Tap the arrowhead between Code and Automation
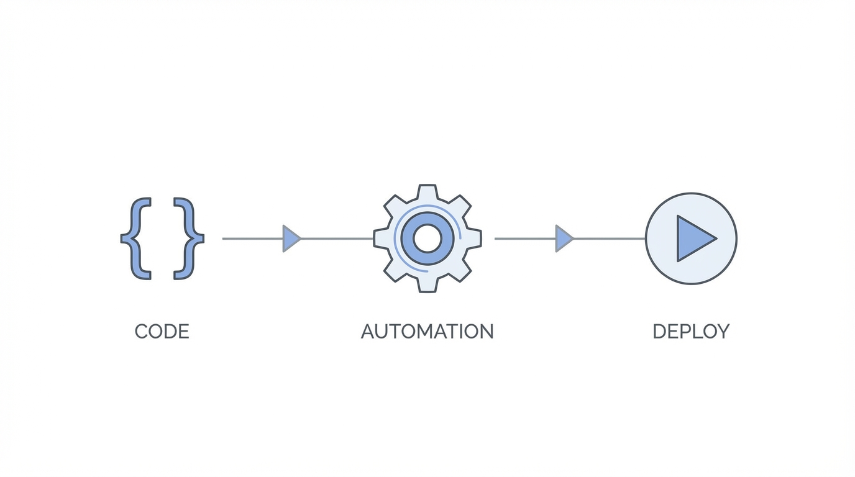(291, 238)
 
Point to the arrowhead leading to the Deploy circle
(564, 238)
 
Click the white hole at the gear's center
(427, 238)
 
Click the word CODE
(162, 332)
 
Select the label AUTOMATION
(427, 332)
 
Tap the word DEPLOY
(691, 332)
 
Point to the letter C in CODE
(142, 332)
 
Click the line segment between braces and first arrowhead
(252, 238)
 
